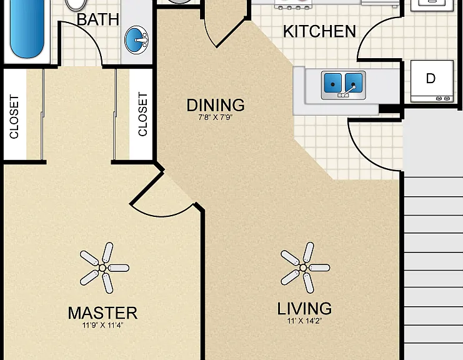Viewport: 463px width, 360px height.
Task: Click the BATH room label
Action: pyautogui.click(x=97, y=19)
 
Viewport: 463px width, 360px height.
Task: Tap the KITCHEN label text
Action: pyautogui.click(x=319, y=31)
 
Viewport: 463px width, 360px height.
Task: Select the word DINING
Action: pyautogui.click(x=216, y=105)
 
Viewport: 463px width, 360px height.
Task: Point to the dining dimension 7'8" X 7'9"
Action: pyautogui.click(x=216, y=117)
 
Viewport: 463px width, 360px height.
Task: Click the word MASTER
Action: pyautogui.click(x=102, y=313)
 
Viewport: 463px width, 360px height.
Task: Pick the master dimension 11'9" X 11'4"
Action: pyautogui.click(x=102, y=326)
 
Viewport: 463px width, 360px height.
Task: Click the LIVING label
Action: pyautogui.click(x=304, y=308)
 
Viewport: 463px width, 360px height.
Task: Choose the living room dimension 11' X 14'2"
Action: pyautogui.click(x=304, y=321)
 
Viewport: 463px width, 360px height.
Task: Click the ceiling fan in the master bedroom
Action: pyautogui.click(x=102, y=268)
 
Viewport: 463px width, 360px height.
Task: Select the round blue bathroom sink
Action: pyautogui.click(x=136, y=40)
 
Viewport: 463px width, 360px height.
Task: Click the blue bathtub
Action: pyautogui.click(x=27, y=28)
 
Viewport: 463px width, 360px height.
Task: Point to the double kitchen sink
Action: pyautogui.click(x=344, y=85)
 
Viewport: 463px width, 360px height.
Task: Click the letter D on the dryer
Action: pyautogui.click(x=431, y=79)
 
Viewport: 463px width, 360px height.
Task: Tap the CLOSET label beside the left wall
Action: pyautogui.click(x=14, y=116)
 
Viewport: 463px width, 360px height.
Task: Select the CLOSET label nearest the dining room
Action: pyautogui.click(x=142, y=114)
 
